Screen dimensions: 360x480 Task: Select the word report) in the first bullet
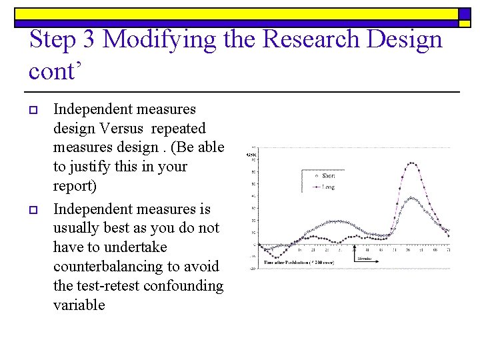[75, 185]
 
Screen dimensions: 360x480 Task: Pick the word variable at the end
[79, 305]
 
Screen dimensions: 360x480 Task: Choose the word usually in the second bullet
[79, 228]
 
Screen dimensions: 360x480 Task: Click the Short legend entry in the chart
[328, 175]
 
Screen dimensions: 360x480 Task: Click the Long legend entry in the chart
[328, 187]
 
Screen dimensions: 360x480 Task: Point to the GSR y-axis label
[251, 155]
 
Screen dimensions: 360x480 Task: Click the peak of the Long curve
[412, 163]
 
